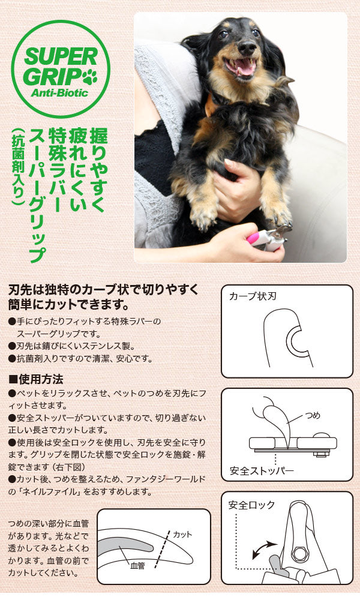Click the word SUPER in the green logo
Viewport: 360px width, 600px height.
click(x=61, y=57)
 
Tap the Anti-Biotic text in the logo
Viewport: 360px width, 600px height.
click(x=59, y=92)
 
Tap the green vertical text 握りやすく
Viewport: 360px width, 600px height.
click(x=98, y=169)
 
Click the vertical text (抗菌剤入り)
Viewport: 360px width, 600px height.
click(x=18, y=166)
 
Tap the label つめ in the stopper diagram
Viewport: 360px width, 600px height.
click(x=313, y=416)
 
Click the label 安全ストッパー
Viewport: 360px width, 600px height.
click(x=262, y=470)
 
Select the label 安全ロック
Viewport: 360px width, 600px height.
click(x=252, y=505)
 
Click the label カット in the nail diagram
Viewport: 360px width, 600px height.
click(x=182, y=534)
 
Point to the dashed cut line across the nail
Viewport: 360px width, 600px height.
click(x=162, y=549)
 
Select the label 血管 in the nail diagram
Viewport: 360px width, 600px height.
click(x=138, y=565)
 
